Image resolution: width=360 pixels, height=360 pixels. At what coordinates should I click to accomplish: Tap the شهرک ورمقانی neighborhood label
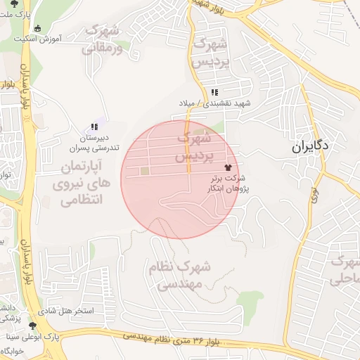103,39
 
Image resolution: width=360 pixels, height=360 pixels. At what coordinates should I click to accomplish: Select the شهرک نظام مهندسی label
179,276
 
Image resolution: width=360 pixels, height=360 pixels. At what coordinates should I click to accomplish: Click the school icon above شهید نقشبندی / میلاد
214,92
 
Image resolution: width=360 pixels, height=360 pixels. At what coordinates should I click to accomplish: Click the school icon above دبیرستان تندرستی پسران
94,127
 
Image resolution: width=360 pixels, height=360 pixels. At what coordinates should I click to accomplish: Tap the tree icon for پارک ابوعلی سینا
32,326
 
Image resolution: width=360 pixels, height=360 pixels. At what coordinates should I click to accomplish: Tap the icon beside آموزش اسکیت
37,28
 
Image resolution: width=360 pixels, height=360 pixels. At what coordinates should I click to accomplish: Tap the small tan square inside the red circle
144,170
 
